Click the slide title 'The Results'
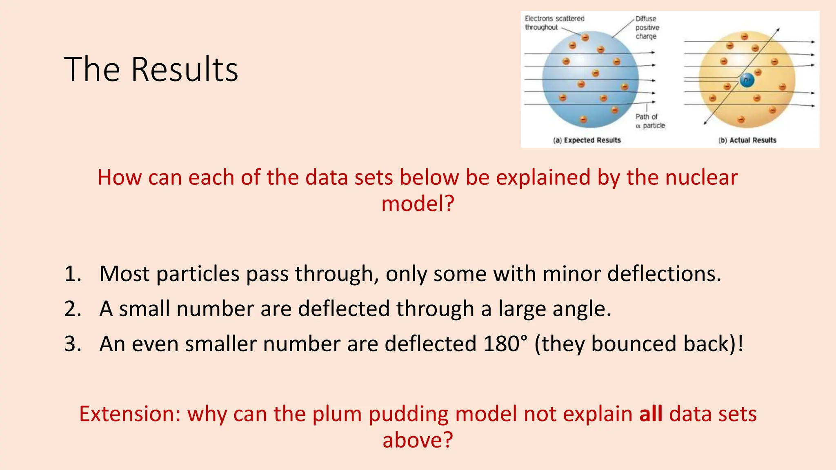click(x=151, y=69)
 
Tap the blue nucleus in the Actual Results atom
click(x=747, y=80)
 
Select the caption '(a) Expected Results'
click(x=587, y=140)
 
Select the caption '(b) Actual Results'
click(x=747, y=140)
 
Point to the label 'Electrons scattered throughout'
click(x=554, y=23)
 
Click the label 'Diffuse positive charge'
click(x=647, y=27)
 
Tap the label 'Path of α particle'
click(x=650, y=121)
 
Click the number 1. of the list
click(x=73, y=274)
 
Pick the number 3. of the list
click(x=73, y=344)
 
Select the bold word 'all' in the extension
click(x=651, y=414)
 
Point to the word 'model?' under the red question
click(x=418, y=204)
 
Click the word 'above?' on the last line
click(x=418, y=440)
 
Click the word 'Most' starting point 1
click(x=125, y=274)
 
